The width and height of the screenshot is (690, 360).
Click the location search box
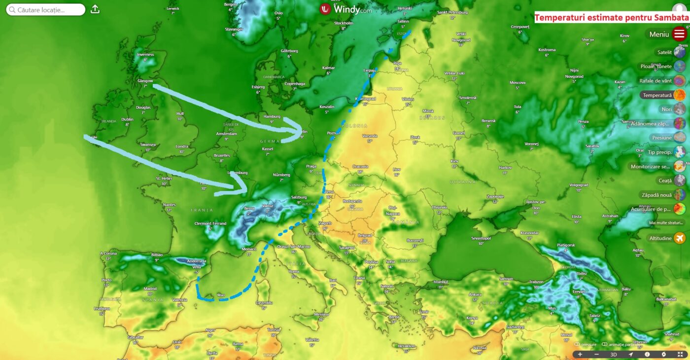click(46, 10)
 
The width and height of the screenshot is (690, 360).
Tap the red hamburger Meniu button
click(679, 34)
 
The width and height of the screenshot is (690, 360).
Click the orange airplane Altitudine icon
click(679, 238)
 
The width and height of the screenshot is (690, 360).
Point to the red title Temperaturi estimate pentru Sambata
click(611, 18)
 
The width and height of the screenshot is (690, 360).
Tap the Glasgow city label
click(145, 80)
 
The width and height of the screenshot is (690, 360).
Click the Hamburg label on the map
click(272, 116)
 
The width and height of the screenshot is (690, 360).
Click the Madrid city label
click(150, 289)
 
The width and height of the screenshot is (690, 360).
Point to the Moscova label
click(517, 82)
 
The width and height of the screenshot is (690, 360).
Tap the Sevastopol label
click(481, 238)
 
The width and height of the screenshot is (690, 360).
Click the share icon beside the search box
click(95, 9)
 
